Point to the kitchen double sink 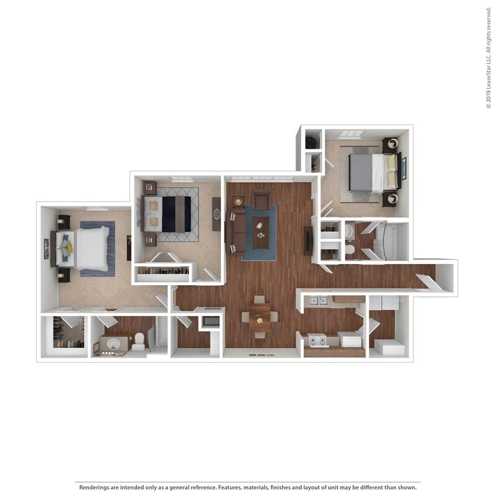(x=319, y=301)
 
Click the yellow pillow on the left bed (x=69, y=247)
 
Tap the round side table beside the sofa (x=239, y=201)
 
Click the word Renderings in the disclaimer (x=97, y=487)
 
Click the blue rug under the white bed (x=98, y=248)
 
